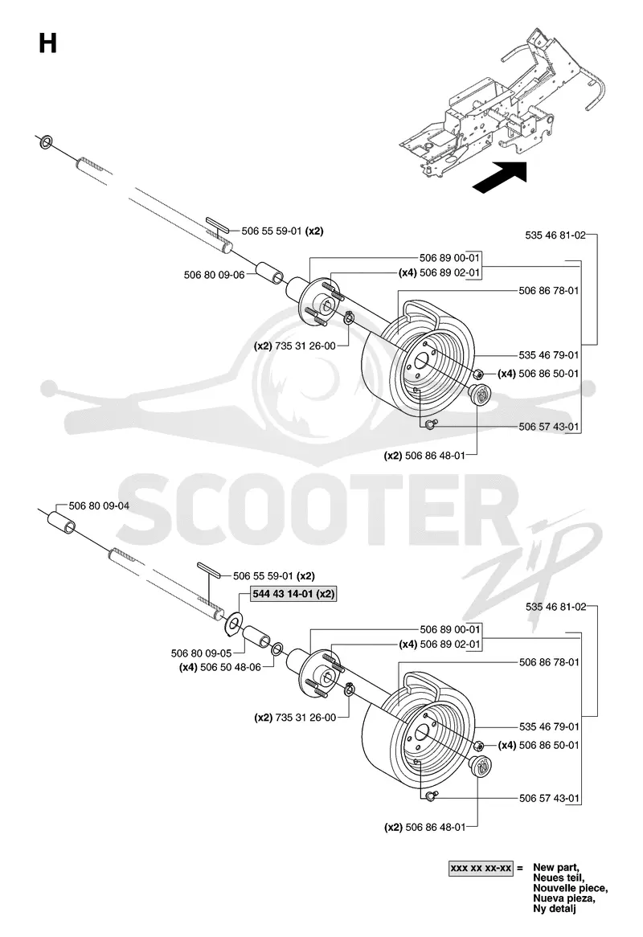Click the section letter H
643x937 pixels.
pos(47,43)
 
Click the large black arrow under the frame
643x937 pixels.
pos(501,177)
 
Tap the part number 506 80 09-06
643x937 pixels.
pos(215,275)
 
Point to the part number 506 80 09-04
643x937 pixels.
pos(99,505)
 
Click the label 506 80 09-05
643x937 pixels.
pos(202,653)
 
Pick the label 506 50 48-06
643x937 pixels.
pos(231,667)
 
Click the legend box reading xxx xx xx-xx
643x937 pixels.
pos(481,868)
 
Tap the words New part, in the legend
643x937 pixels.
pos(555,867)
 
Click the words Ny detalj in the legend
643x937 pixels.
pos(555,909)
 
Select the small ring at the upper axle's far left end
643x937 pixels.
pos(46,142)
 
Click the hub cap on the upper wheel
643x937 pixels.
pos(479,395)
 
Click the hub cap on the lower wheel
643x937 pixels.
pos(479,766)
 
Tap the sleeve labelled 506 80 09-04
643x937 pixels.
pos(62,522)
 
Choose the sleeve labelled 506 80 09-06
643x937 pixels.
pos(271,274)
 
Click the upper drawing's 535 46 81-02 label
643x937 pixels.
pos(555,235)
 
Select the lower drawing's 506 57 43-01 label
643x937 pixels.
pos(549,798)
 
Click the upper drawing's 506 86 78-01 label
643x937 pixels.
pos(549,290)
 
